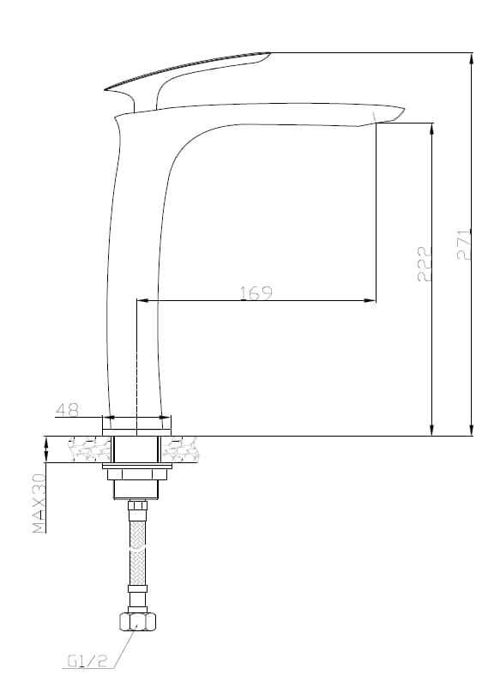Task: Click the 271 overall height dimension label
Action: [x=464, y=244]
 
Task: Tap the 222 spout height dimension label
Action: [x=425, y=263]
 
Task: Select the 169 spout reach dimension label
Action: [x=256, y=292]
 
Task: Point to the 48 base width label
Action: [x=68, y=409]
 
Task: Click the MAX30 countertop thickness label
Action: [x=39, y=503]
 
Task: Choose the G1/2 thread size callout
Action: [x=87, y=660]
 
